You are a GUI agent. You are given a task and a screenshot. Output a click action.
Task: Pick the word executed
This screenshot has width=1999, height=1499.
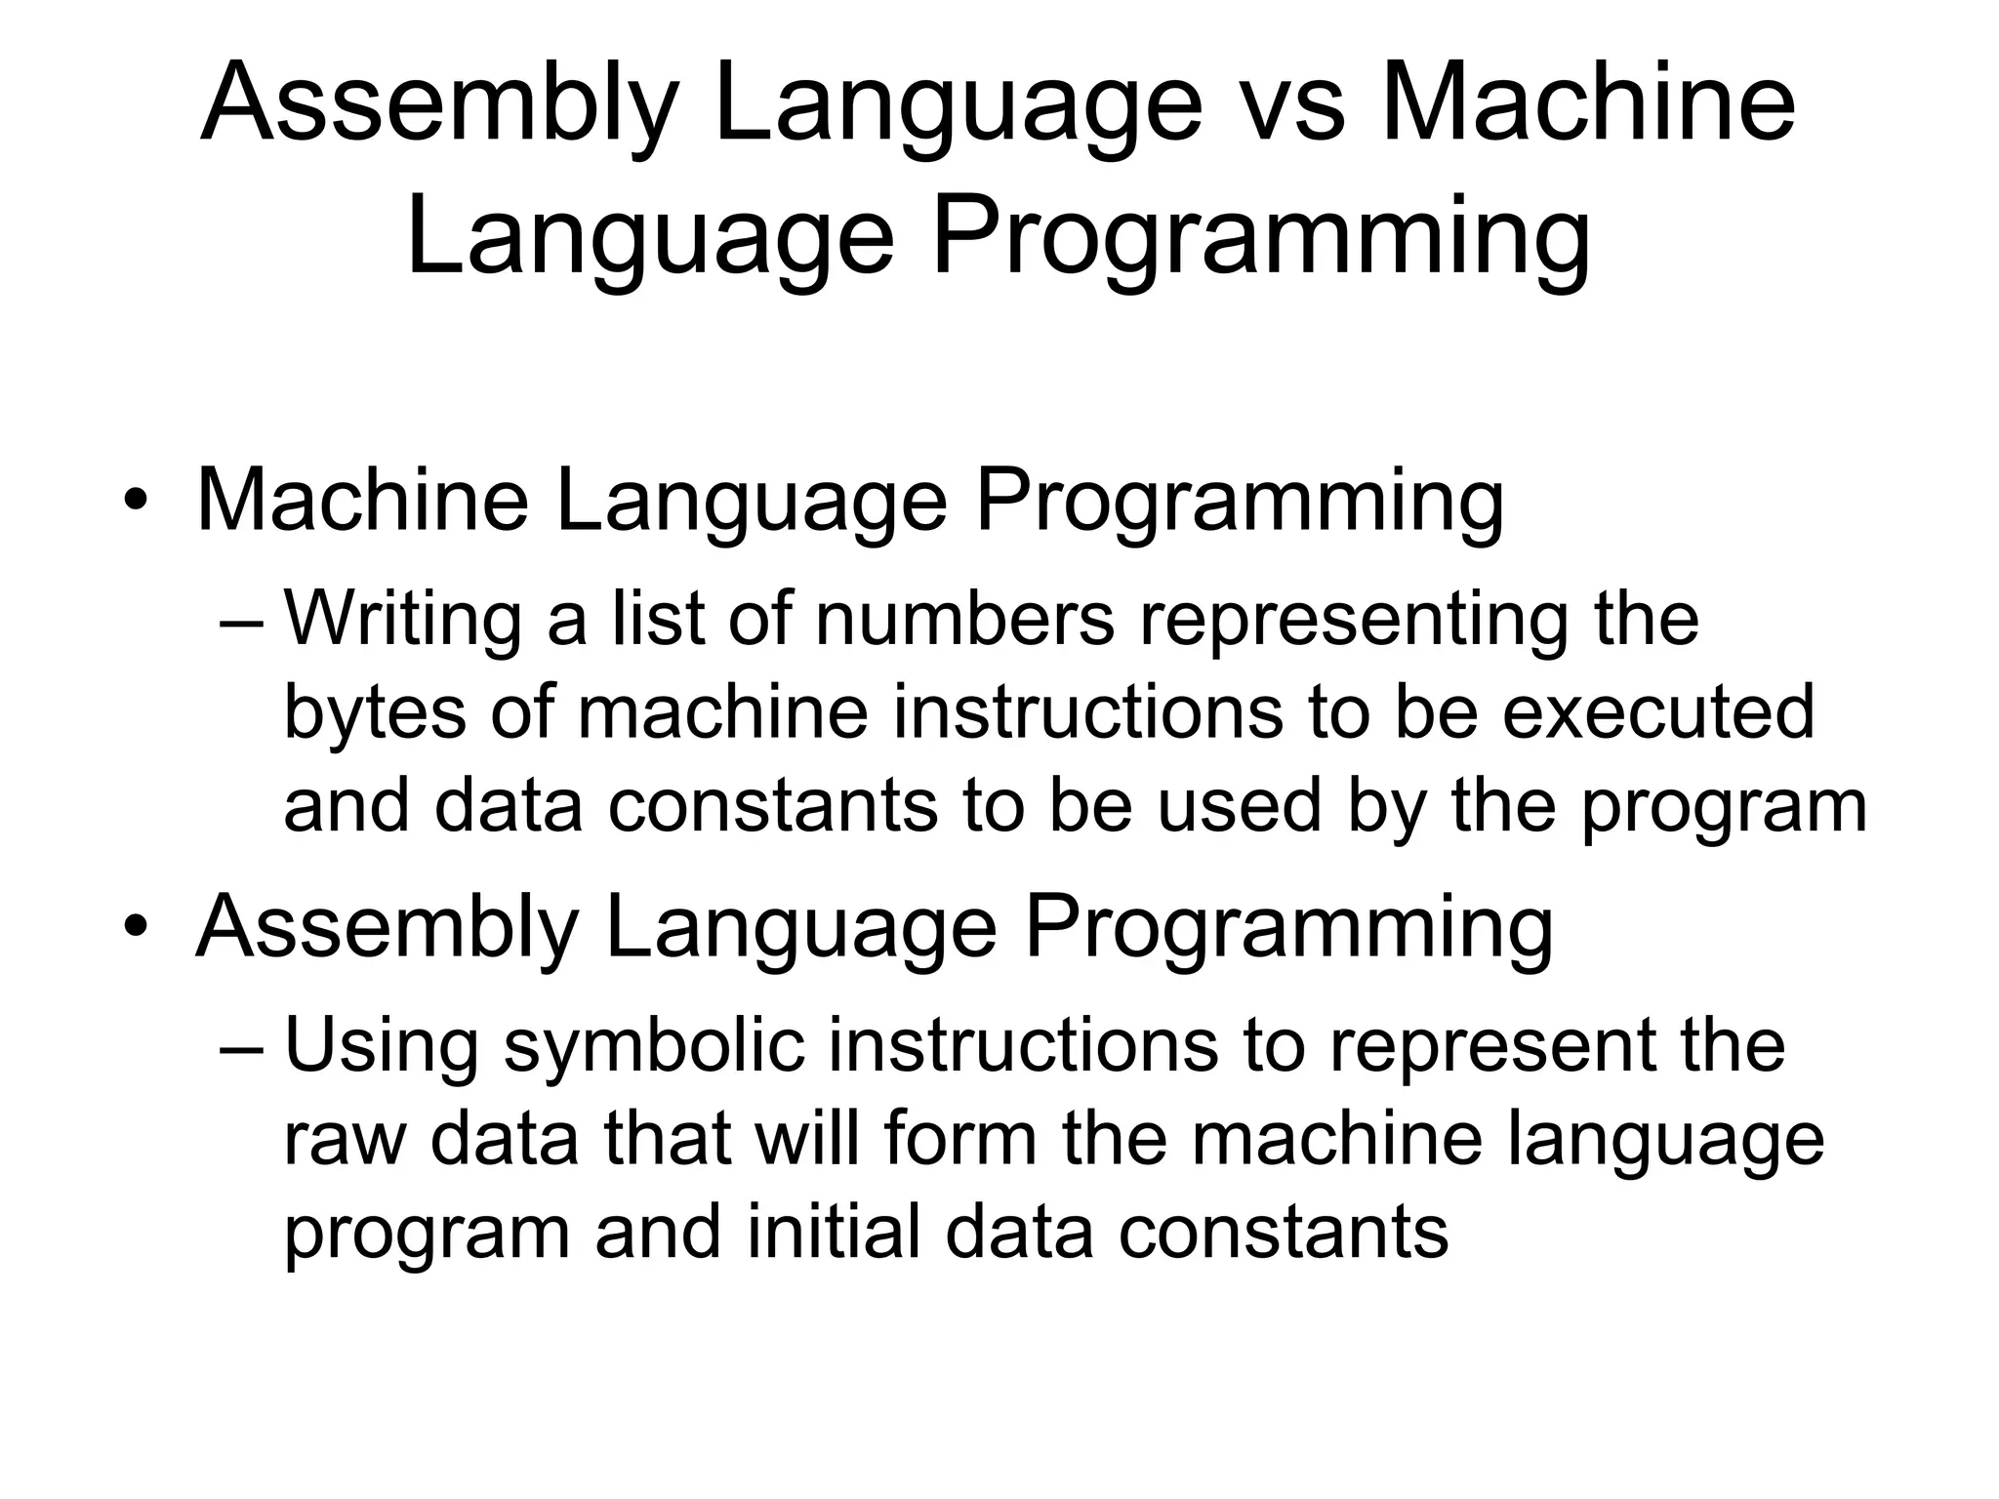[x=1657, y=712]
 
